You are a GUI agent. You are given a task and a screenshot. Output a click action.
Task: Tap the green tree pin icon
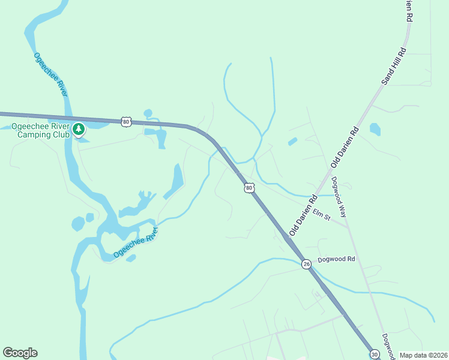(78, 129)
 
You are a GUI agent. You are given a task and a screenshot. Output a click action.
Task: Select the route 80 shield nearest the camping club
(125, 122)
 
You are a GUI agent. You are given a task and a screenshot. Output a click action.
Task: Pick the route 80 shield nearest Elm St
(249, 188)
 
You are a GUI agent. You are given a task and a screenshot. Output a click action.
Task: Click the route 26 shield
(306, 263)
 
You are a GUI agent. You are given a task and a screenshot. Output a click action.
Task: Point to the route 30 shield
(375, 354)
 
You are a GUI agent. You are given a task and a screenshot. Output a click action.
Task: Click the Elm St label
(321, 214)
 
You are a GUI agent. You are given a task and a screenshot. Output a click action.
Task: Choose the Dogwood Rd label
(337, 260)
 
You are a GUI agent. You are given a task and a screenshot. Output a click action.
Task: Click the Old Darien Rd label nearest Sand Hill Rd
(345, 147)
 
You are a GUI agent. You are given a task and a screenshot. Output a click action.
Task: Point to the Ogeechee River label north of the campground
(50, 74)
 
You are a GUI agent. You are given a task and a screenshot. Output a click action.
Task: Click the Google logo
(20, 353)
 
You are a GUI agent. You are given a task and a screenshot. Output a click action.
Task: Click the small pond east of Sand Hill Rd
(375, 128)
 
